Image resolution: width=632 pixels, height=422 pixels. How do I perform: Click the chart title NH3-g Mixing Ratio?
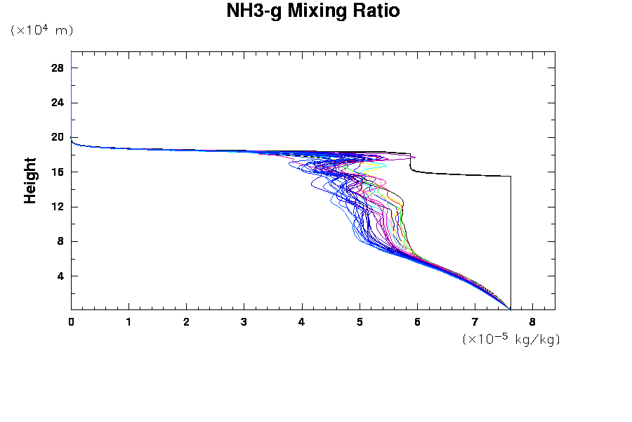[x=313, y=11]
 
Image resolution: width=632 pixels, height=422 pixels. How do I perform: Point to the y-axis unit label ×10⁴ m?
[x=41, y=30]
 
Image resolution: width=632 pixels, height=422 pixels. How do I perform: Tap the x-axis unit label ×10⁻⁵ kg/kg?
[x=511, y=339]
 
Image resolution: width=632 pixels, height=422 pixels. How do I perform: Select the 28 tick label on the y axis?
[x=58, y=68]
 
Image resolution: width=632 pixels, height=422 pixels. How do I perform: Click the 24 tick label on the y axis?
[x=58, y=103]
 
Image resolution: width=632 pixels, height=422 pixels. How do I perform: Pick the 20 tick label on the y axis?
[x=58, y=137]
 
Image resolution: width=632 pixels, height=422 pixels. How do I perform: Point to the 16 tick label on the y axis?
[x=58, y=172]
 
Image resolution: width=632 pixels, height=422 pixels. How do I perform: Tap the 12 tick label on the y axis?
[x=58, y=207]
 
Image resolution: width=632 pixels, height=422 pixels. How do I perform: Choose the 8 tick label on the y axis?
[x=61, y=241]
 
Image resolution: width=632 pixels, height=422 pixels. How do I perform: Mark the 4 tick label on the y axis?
[x=61, y=276]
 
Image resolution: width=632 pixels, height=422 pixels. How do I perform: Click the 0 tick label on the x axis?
[x=71, y=321]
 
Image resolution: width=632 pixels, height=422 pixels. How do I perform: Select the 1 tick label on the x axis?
[x=129, y=321]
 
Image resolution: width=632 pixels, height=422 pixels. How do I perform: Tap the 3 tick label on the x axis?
[x=244, y=321]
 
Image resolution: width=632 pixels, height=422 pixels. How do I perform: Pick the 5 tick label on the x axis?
[x=360, y=321]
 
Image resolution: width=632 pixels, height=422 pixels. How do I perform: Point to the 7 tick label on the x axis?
[x=475, y=321]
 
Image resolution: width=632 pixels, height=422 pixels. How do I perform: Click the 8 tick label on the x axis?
[x=532, y=321]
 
